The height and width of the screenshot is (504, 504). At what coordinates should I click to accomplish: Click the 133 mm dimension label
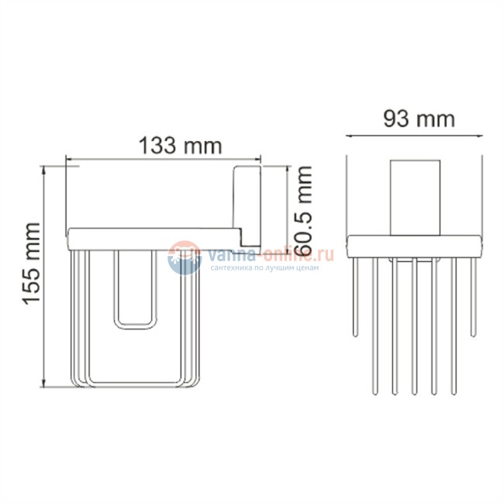[x=179, y=145]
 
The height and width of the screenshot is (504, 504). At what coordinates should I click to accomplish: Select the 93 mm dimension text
[x=419, y=119]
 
